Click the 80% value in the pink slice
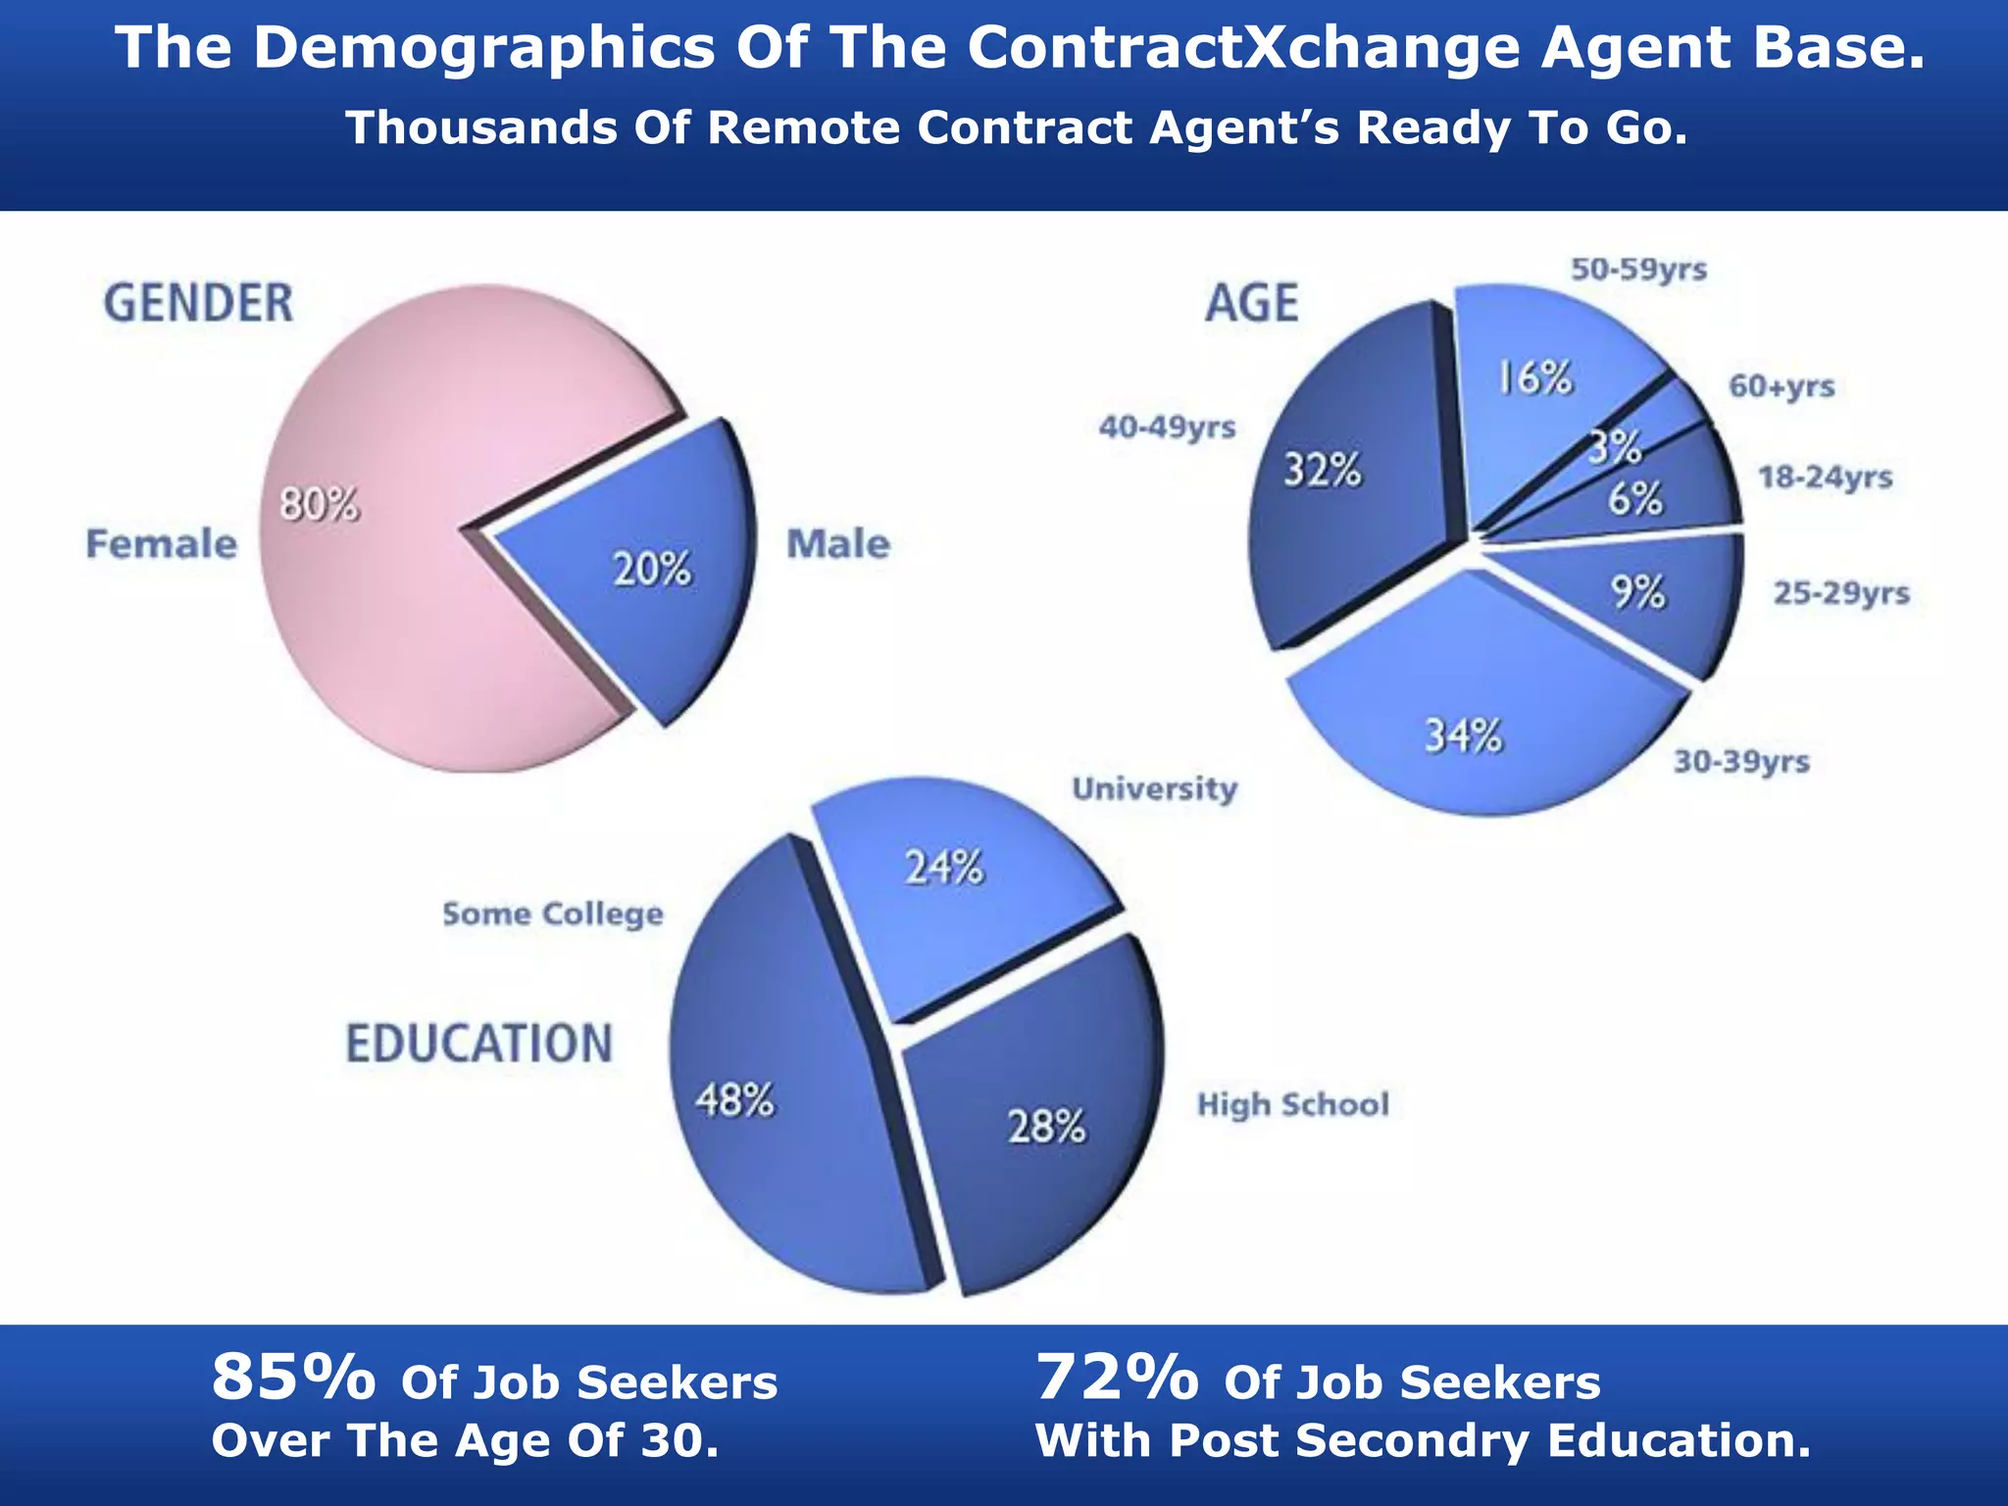click(x=320, y=505)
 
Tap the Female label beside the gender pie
click(x=162, y=543)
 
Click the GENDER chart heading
click(x=199, y=302)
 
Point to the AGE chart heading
click(x=1252, y=302)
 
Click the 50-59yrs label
click(x=1638, y=269)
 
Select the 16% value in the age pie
click(x=1535, y=377)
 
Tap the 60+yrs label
click(x=1781, y=385)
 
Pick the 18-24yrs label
click(x=1825, y=477)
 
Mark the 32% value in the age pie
click(x=1323, y=471)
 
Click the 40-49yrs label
click(x=1167, y=427)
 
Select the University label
click(x=1154, y=788)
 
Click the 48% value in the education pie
click(x=735, y=1100)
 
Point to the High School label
click(x=1292, y=1105)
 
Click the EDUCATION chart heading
click(x=479, y=1043)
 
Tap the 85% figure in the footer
click(x=293, y=1377)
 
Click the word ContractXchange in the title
click(x=1244, y=47)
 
